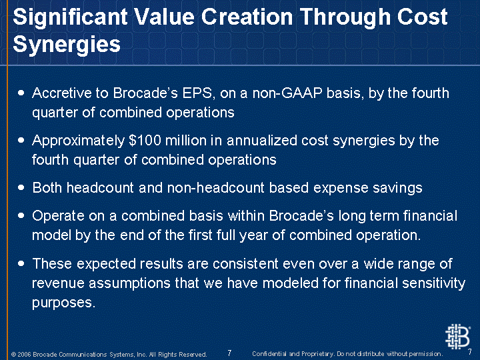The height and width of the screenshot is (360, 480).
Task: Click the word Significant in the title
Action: [70, 18]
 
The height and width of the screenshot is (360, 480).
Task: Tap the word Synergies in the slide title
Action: [67, 45]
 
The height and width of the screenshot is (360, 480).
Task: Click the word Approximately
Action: [79, 141]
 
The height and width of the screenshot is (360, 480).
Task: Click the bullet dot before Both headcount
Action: [21, 187]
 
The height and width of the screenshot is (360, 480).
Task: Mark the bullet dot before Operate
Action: [21, 215]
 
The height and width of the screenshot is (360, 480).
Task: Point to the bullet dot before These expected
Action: [21, 263]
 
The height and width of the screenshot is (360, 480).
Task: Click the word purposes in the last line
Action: [64, 303]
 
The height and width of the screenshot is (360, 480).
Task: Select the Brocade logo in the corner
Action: [457, 337]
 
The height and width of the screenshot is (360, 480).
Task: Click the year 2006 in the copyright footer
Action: [24, 354]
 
